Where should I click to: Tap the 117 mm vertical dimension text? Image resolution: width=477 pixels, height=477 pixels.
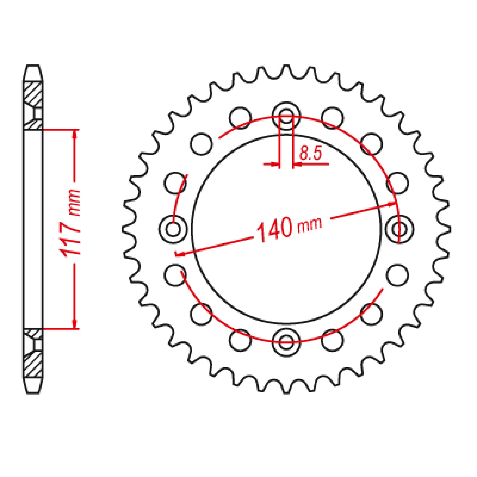[71, 222]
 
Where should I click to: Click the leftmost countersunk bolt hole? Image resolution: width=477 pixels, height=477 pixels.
[173, 229]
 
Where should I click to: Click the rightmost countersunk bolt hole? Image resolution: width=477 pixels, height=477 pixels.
[400, 229]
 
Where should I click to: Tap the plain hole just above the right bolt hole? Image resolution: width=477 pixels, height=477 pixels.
[397, 183]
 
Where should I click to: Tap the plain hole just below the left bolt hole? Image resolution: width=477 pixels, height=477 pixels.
[175, 275]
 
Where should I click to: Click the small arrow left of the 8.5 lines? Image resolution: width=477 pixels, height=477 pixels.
[275, 164]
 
